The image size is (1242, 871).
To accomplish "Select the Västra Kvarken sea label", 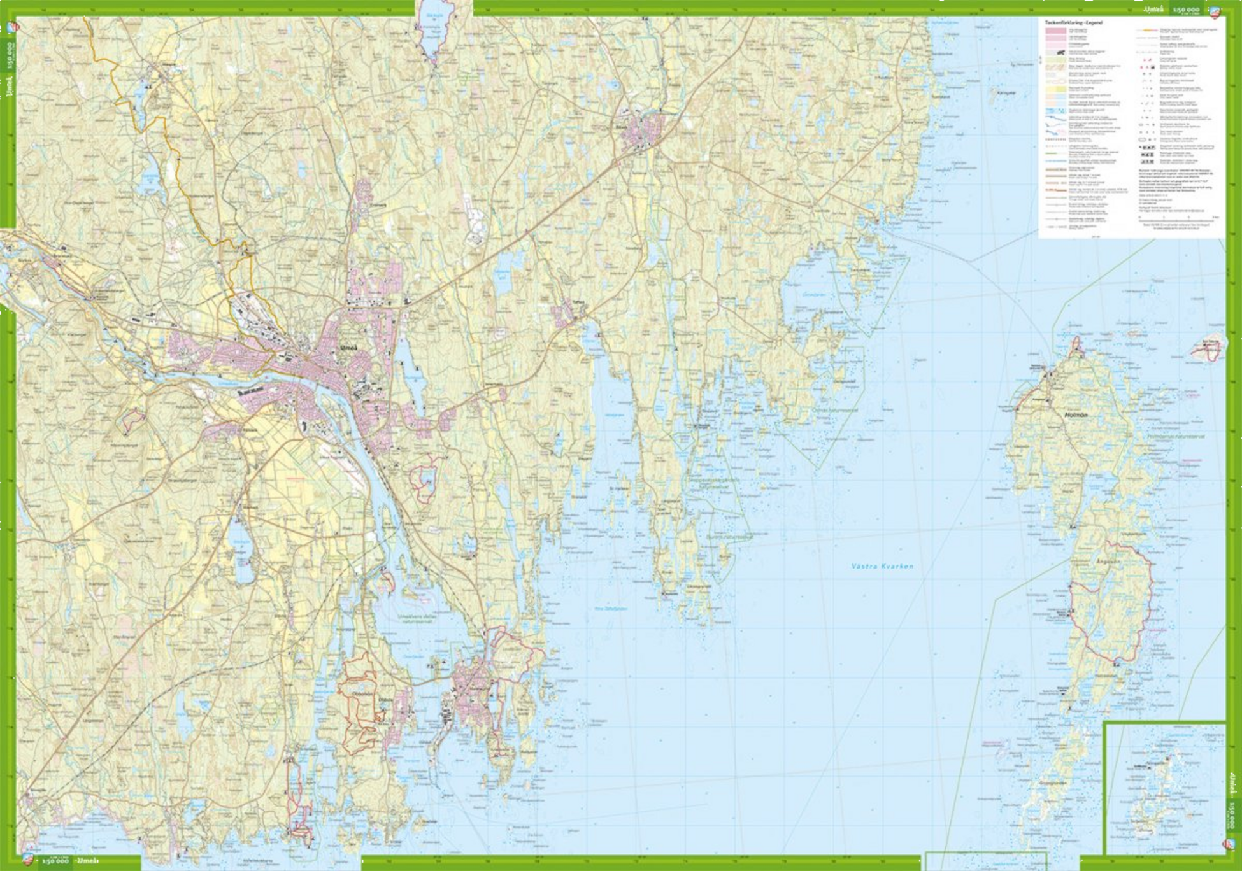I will click(882, 566).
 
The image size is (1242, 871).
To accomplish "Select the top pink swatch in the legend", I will click(1055, 31).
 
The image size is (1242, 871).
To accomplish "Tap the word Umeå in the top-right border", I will click(1152, 10).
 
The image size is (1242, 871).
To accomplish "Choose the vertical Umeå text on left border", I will click(9, 87).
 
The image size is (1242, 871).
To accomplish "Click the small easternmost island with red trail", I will click(1210, 348).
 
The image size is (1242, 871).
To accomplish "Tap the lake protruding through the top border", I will click(435, 29).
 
